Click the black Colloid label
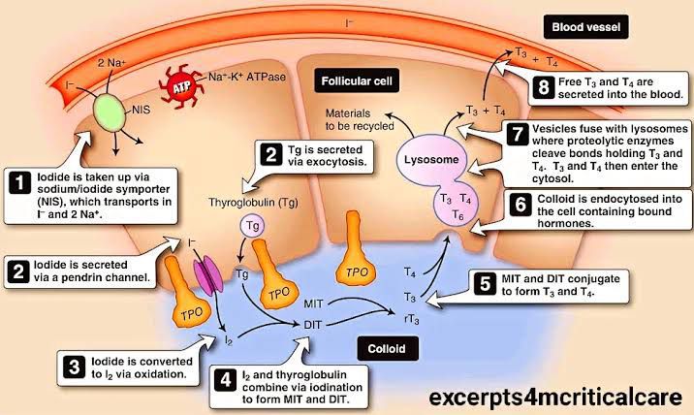[393, 347]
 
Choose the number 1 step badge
[17, 180]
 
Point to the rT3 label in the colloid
[411, 316]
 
